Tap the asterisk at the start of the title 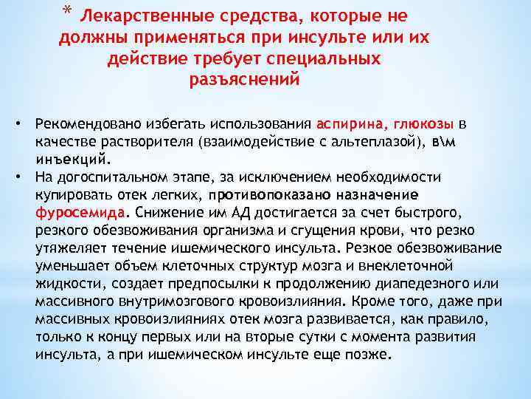coord(69,13)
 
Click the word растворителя coord(145,141)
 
